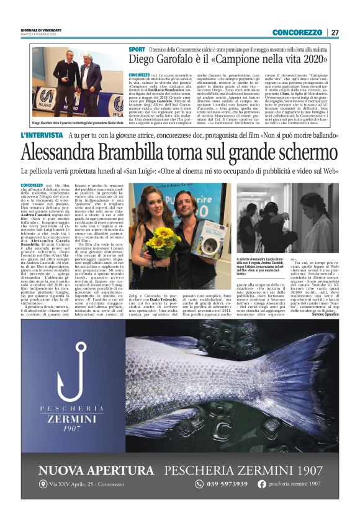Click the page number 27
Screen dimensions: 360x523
pos(335,32)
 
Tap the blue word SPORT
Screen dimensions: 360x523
pos(137,48)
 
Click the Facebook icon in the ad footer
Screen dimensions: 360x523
pos(262,484)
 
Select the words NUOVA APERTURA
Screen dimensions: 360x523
pos(96,470)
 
